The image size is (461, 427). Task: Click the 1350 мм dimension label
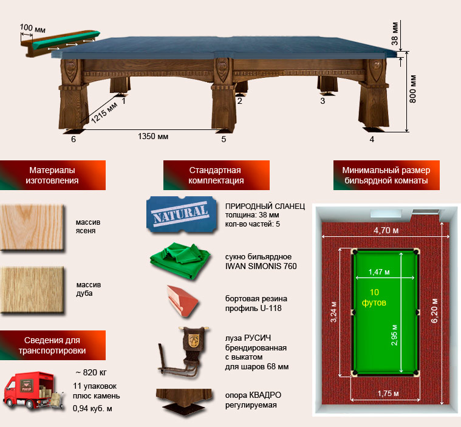coord(153,137)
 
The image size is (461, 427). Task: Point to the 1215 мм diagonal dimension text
coord(104,112)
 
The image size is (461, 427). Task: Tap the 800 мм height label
coord(412,89)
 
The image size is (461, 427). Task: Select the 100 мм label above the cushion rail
coord(33,28)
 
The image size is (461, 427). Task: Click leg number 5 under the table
coord(224,139)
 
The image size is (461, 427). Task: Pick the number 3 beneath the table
coord(323,101)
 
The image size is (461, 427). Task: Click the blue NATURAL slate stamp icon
coord(182,215)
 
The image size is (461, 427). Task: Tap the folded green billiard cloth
coord(180,261)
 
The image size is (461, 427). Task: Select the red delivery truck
coord(33,391)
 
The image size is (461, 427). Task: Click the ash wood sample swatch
coord(32,228)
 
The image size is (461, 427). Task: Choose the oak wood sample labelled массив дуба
coord(32,290)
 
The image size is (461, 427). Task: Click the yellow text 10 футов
coord(374,297)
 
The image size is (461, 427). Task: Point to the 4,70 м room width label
coord(386,230)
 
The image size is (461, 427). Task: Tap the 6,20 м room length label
coord(434,310)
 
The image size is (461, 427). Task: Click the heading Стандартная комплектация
coord(216,176)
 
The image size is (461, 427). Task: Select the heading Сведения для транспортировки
coord(52,345)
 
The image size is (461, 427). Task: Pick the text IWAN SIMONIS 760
coord(261,266)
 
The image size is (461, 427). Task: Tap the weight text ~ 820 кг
coord(91,372)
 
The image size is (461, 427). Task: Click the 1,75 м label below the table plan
coord(388,394)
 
